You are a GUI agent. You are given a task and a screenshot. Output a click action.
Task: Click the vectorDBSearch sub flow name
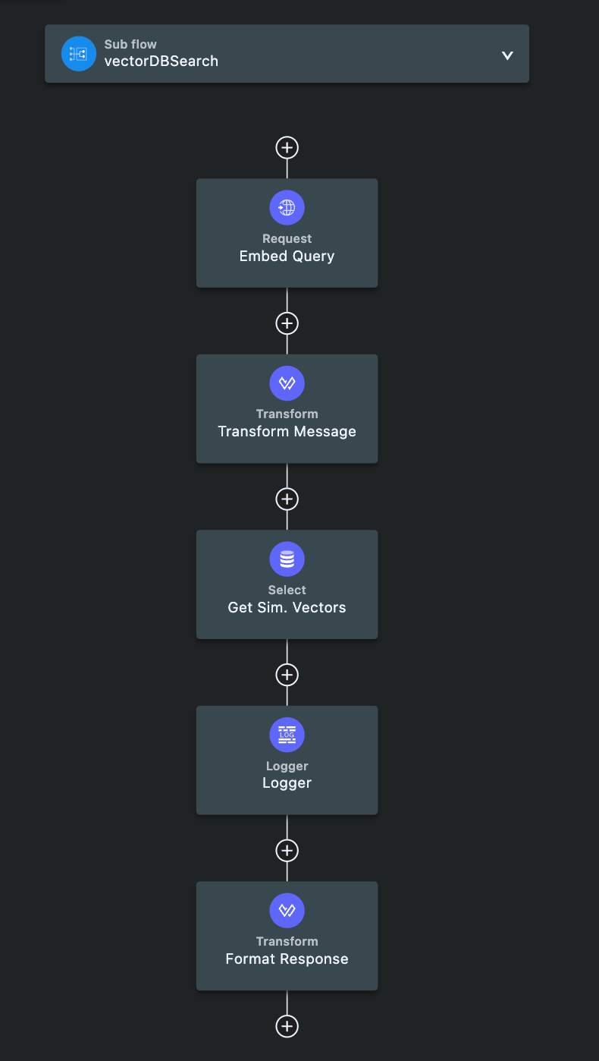coord(161,61)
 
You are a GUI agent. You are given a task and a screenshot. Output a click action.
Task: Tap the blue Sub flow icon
coord(79,54)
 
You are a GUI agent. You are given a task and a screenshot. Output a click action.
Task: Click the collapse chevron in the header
coord(507,55)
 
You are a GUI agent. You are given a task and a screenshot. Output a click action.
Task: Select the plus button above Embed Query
coord(287,147)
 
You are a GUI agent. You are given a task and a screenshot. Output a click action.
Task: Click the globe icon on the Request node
coord(287,207)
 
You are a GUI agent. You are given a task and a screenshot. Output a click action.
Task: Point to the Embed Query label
coord(287,256)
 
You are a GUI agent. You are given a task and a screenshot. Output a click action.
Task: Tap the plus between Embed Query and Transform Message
coord(287,323)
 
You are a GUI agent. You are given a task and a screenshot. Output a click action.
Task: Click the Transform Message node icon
coord(287,383)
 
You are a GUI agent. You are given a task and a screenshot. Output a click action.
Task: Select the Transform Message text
coord(287,432)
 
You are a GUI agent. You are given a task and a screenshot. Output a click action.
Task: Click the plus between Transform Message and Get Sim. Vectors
coord(287,499)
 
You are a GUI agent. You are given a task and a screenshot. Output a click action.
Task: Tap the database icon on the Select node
coord(287,559)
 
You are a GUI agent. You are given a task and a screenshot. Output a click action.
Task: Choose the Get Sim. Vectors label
coord(287,607)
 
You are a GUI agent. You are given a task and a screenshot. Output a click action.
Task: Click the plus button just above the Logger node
coord(287,675)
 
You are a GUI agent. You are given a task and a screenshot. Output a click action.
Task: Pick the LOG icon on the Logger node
coord(287,735)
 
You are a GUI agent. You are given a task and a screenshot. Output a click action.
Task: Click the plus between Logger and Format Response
coord(287,851)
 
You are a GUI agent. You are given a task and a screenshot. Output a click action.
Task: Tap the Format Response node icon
coord(287,911)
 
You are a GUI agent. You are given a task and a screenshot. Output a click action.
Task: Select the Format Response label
coord(287,959)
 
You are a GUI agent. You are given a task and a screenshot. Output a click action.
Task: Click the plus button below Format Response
coord(287,1026)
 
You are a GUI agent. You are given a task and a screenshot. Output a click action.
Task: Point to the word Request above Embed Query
coord(287,238)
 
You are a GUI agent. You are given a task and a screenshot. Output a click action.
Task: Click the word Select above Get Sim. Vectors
coord(287,590)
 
